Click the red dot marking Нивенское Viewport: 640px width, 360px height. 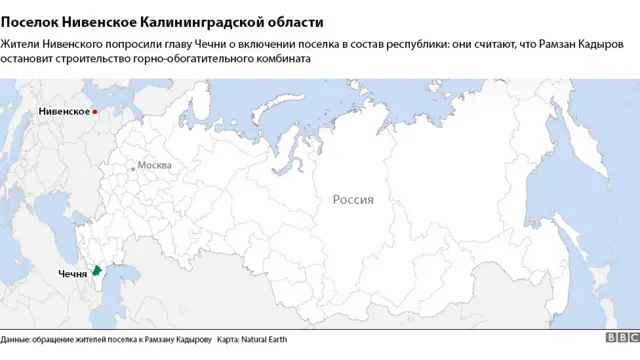tap(95, 112)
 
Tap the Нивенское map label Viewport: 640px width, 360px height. tap(63, 112)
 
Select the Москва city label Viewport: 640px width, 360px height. tap(154, 165)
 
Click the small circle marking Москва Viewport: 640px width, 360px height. tap(133, 168)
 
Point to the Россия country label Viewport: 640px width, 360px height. tap(353, 199)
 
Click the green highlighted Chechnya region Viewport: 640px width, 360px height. tap(97, 270)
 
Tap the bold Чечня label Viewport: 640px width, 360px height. tap(72, 273)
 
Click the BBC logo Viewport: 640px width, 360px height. tap(620, 341)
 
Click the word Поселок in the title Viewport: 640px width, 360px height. tap(29, 21)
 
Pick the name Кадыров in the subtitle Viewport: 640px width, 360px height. tap(606, 44)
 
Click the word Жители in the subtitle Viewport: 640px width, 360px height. tap(21, 44)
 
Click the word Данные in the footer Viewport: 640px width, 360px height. tap(15, 341)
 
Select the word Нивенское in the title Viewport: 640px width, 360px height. tap(101, 21)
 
